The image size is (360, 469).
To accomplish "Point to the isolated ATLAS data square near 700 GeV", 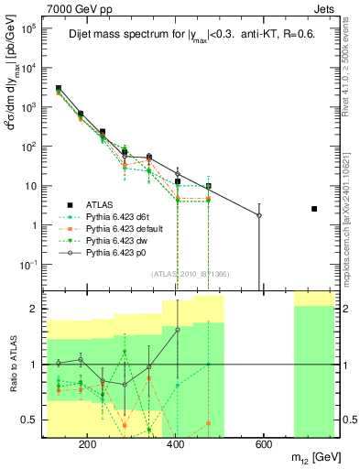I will [x=314, y=209].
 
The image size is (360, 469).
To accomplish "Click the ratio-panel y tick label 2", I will [x=34, y=309].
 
